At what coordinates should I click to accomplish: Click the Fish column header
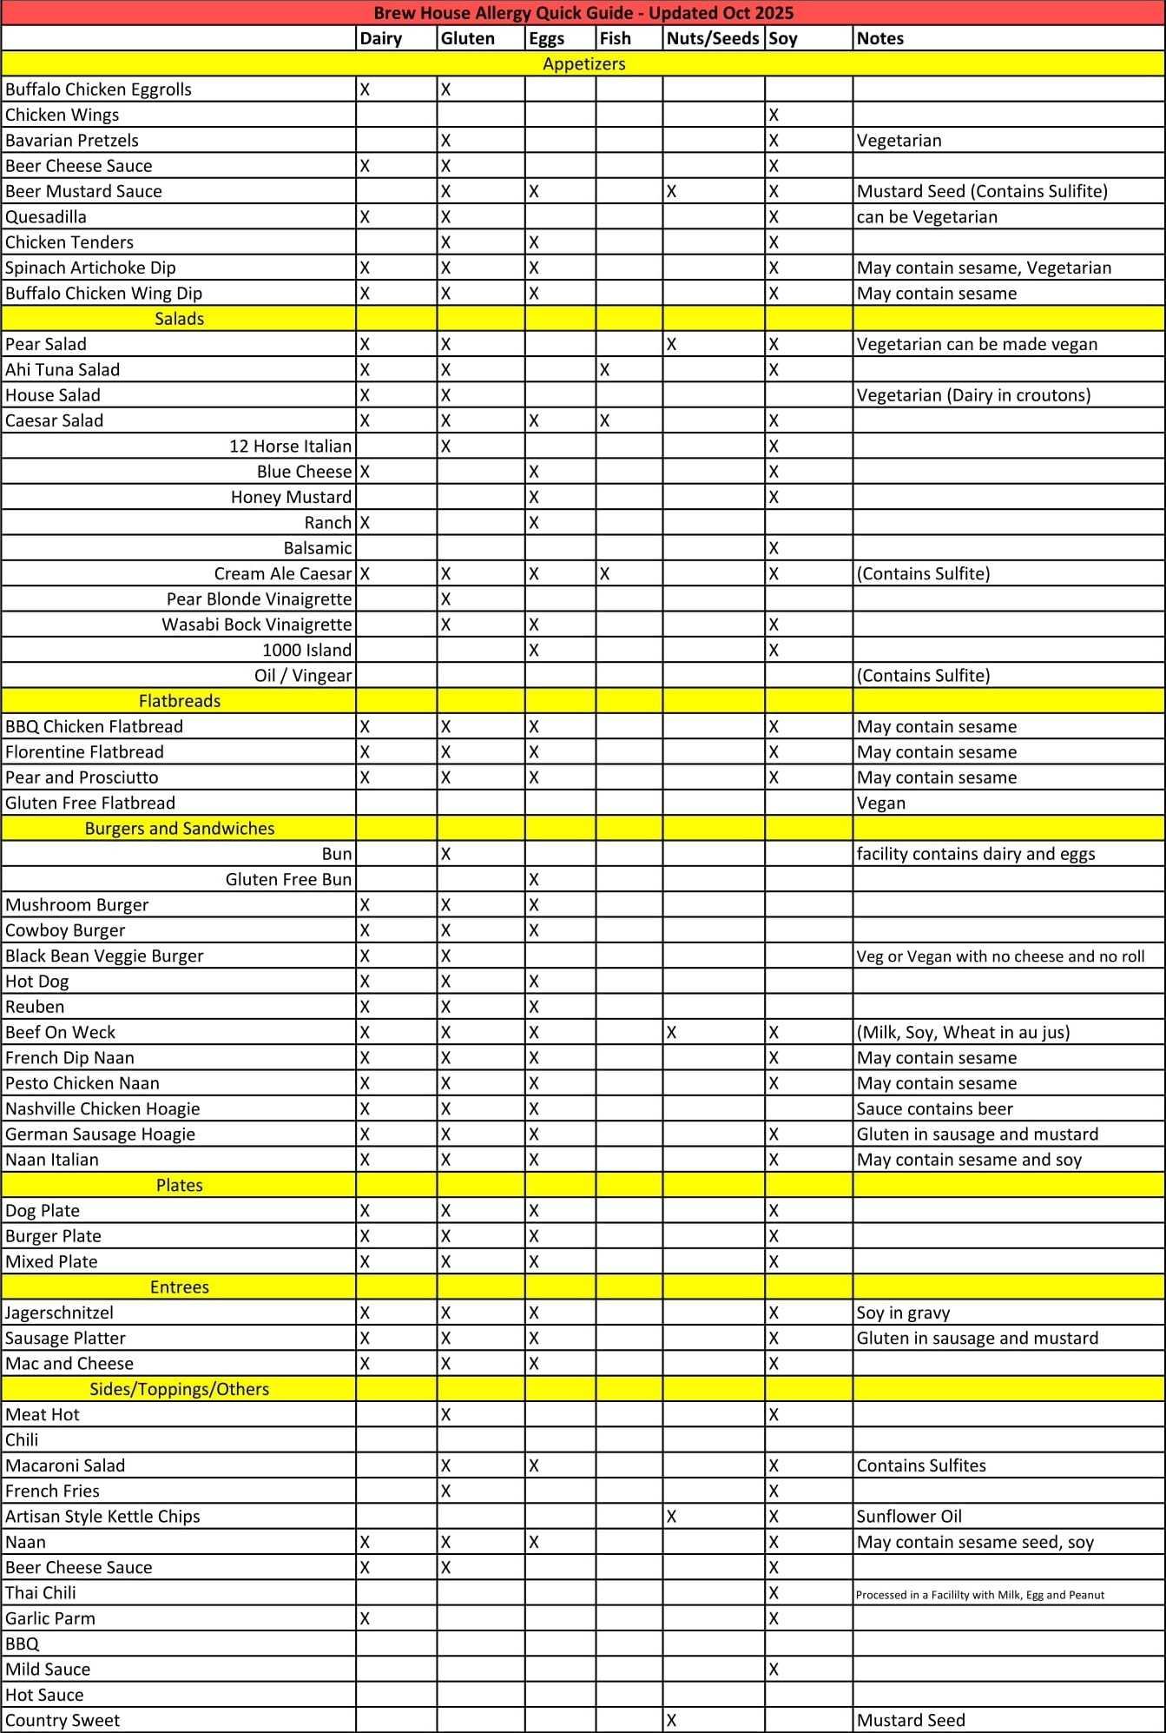point(615,38)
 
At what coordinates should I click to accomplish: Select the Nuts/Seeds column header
point(712,38)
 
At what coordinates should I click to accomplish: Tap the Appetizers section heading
point(583,63)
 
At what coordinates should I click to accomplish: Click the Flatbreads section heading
point(179,701)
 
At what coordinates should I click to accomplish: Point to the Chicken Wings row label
point(63,115)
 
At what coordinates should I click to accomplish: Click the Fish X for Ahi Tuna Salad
point(604,370)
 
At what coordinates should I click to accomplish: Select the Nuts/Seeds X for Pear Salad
point(671,344)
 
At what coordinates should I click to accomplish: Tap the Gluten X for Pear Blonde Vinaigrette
point(445,599)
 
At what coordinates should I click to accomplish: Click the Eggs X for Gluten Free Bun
point(534,880)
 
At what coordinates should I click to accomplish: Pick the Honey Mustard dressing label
point(291,497)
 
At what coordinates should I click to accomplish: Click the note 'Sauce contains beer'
point(934,1108)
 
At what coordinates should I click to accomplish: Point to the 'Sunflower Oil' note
point(909,1516)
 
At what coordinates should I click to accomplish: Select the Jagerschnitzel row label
point(59,1313)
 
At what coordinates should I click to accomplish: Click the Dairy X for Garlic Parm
point(365,1618)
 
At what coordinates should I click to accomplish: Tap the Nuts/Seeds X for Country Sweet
point(671,1720)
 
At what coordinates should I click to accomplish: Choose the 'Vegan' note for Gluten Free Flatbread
point(880,803)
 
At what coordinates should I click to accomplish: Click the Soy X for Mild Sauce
point(774,1670)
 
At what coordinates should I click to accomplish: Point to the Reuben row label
point(35,1007)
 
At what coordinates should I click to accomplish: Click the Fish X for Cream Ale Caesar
point(604,574)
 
